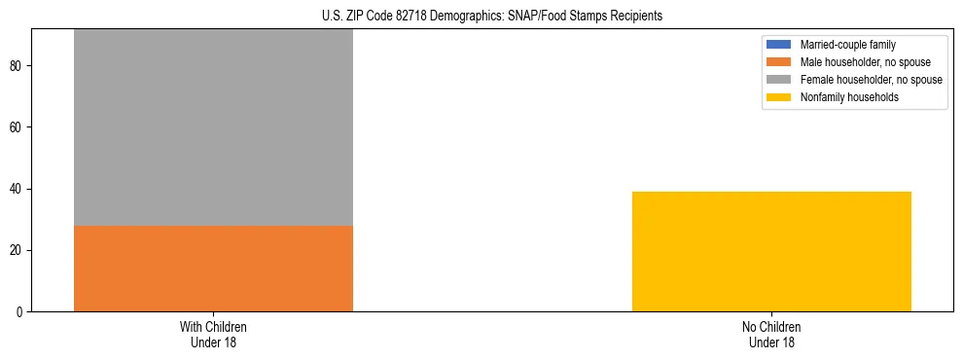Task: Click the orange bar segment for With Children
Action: (x=213, y=269)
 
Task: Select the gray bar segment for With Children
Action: (x=213, y=127)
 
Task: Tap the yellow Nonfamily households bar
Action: (x=771, y=251)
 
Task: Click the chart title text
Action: (x=491, y=16)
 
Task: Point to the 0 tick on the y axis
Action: (x=21, y=311)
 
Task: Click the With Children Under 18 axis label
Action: (x=213, y=334)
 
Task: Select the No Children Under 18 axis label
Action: (x=771, y=334)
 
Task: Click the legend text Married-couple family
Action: (x=847, y=45)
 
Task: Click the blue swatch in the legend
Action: (x=779, y=45)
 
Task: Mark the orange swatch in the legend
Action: (x=779, y=62)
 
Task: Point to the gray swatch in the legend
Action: (x=779, y=80)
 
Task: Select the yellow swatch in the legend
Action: (x=779, y=97)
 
